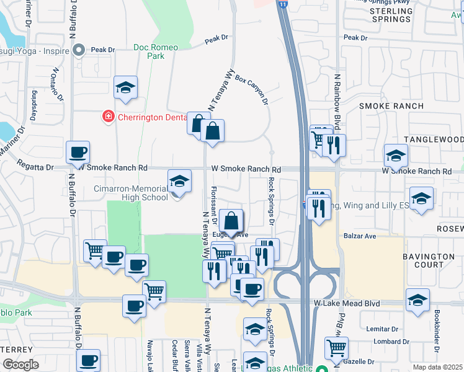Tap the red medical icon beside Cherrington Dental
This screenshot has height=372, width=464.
(108, 117)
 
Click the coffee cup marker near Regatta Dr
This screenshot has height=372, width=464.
(78, 152)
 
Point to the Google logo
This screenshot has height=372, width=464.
(20, 365)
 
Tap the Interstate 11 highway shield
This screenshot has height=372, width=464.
(282, 4)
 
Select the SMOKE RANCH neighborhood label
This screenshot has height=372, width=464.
(391, 106)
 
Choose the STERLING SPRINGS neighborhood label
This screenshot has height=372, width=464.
(390, 15)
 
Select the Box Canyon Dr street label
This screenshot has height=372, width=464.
(251, 91)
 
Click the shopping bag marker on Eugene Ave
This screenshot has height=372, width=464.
(231, 221)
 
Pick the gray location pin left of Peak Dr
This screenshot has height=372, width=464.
(79, 50)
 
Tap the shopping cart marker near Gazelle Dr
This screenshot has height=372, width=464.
(336, 348)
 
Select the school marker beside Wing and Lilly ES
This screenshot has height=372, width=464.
(421, 198)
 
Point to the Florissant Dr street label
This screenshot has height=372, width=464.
(215, 205)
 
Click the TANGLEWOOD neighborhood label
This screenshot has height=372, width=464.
(434, 140)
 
